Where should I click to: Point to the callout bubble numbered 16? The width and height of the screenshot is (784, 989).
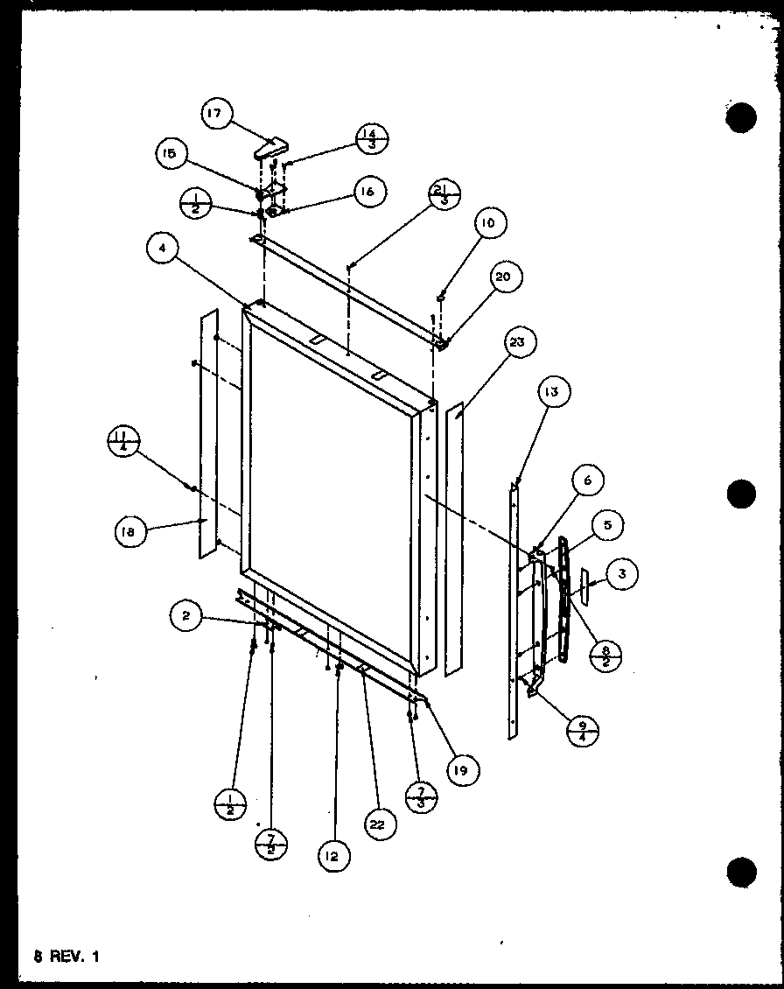point(370,193)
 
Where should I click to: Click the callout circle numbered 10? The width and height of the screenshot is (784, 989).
point(487,224)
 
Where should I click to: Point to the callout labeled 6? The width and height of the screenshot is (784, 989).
point(588,481)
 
